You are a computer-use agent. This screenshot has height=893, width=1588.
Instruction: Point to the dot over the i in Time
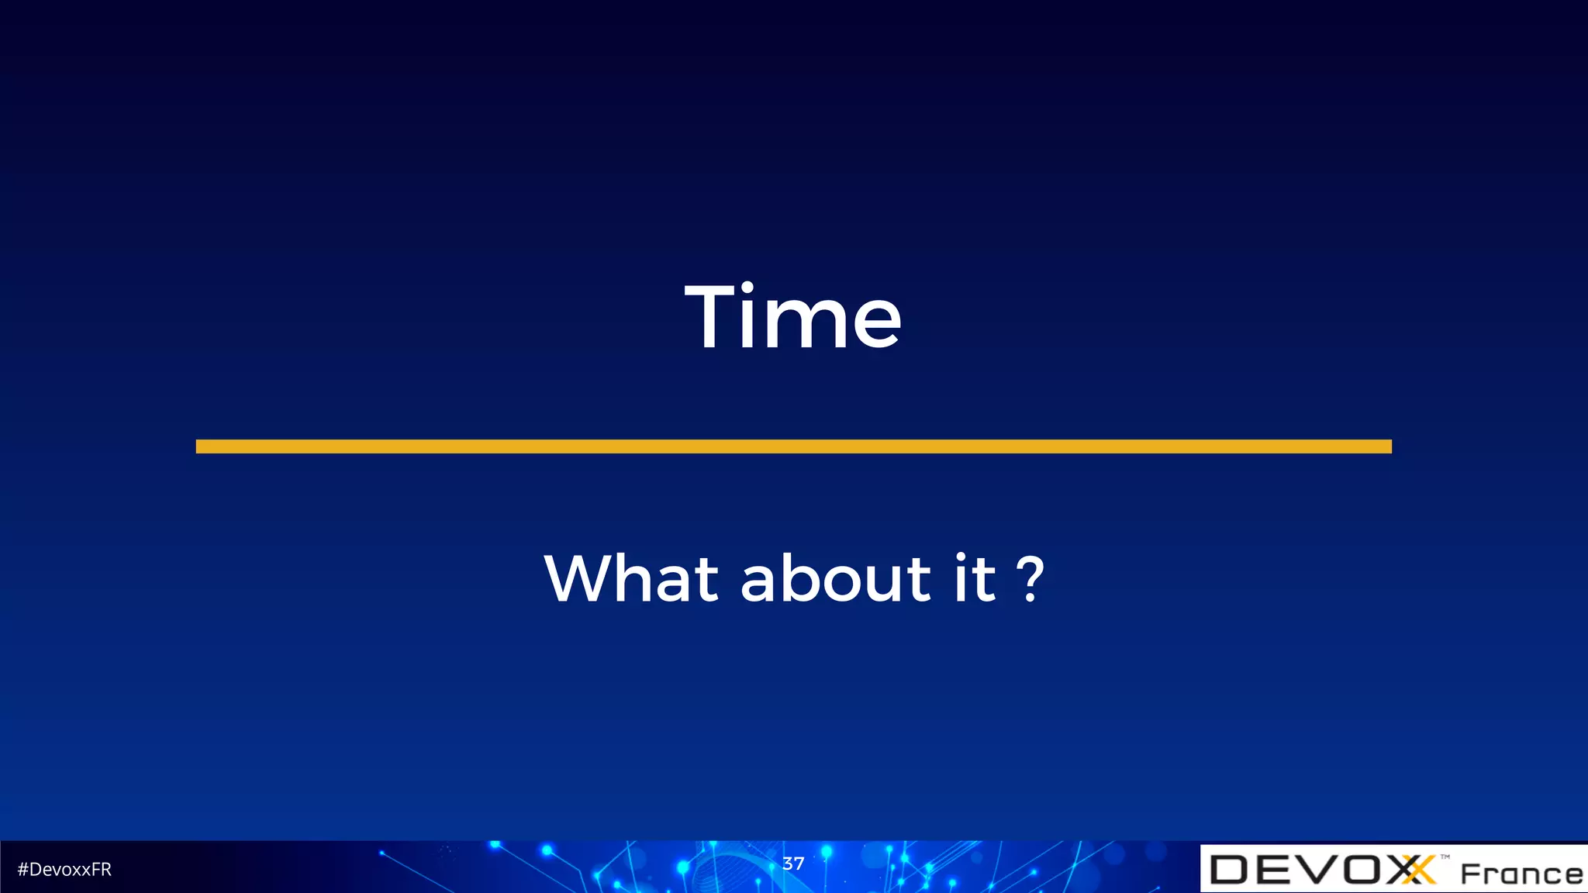(x=747, y=288)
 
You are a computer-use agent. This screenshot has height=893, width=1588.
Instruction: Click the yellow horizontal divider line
(x=793, y=446)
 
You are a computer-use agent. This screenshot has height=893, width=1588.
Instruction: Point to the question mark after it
(x=1030, y=580)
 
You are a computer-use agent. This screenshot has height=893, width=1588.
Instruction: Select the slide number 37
(x=793, y=864)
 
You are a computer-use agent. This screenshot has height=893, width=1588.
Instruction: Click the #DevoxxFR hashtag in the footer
(x=64, y=870)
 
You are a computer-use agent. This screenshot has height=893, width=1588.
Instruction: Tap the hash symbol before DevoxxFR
(x=22, y=870)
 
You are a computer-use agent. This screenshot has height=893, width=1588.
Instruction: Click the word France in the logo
(x=1521, y=874)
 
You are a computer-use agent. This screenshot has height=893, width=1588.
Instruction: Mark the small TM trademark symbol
(x=1445, y=857)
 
